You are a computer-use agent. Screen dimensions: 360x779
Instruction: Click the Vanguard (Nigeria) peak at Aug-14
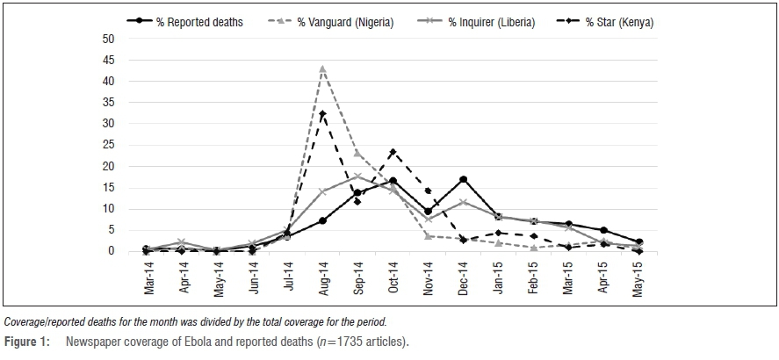point(322,68)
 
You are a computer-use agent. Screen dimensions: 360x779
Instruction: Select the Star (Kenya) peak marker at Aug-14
point(322,113)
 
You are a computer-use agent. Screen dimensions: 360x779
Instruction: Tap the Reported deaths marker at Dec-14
point(463,179)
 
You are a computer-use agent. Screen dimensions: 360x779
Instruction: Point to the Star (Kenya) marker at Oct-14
point(393,152)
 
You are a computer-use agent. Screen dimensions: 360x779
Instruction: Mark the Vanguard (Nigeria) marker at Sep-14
point(357,154)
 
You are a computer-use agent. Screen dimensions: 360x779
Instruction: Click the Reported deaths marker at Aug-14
point(322,220)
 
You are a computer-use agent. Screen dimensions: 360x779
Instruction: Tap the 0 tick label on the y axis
point(112,251)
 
